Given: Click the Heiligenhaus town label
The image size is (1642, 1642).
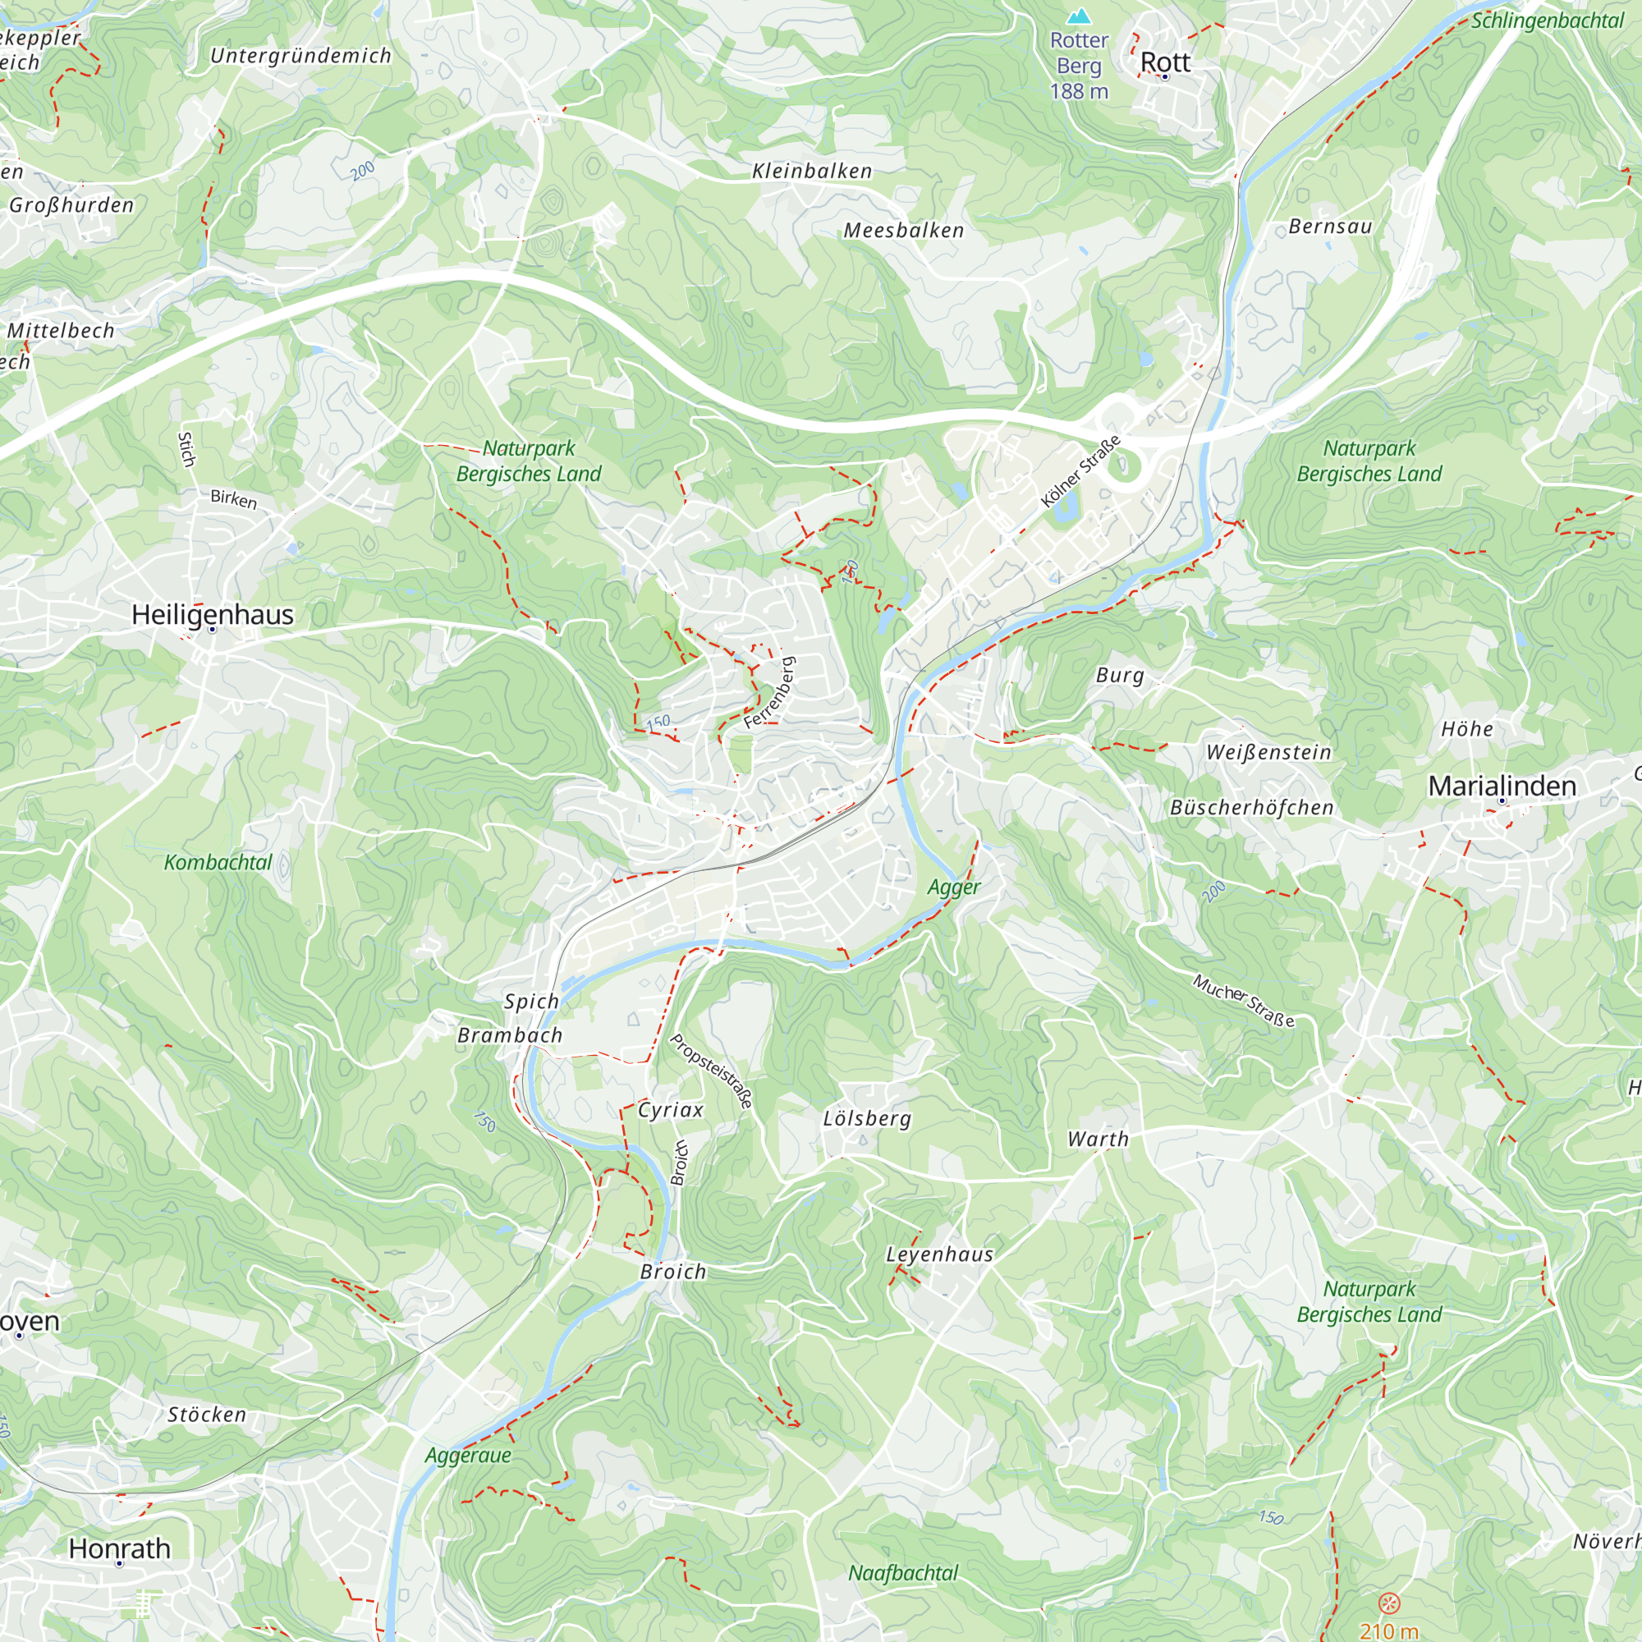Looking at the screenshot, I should tap(213, 614).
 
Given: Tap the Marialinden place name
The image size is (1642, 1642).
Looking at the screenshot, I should tap(1502, 787).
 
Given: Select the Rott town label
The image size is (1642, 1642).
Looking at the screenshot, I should tap(1164, 62).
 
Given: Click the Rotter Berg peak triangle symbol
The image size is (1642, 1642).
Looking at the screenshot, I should tap(1080, 16).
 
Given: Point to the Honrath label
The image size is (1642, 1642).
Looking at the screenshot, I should tap(120, 1548).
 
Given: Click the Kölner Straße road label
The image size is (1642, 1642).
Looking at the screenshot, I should tap(1080, 472).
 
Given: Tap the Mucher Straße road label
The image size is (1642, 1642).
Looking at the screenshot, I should tap(1243, 1001).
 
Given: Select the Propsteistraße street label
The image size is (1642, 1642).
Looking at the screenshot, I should tap(711, 1071).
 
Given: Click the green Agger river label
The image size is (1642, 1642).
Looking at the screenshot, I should tap(953, 888).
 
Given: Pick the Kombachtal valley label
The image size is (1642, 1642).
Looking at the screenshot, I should tap(218, 863).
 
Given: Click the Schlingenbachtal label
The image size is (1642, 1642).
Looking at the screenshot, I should tap(1547, 21).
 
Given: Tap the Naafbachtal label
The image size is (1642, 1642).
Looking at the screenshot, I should tap(902, 1573).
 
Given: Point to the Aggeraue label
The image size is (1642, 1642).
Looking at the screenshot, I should tap(467, 1455).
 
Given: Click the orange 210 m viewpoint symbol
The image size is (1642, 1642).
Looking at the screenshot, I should tap(1389, 1603).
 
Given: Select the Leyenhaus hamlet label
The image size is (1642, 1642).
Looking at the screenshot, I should tap(939, 1254).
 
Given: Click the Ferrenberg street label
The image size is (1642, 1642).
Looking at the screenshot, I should tap(769, 693).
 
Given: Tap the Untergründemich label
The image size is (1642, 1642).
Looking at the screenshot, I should tap(300, 56).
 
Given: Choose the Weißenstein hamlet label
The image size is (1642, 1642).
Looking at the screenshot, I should tap(1268, 752).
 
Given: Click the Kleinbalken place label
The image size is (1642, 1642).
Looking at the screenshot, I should tap(812, 171).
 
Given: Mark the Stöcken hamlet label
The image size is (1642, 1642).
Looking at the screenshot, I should tap(207, 1415).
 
